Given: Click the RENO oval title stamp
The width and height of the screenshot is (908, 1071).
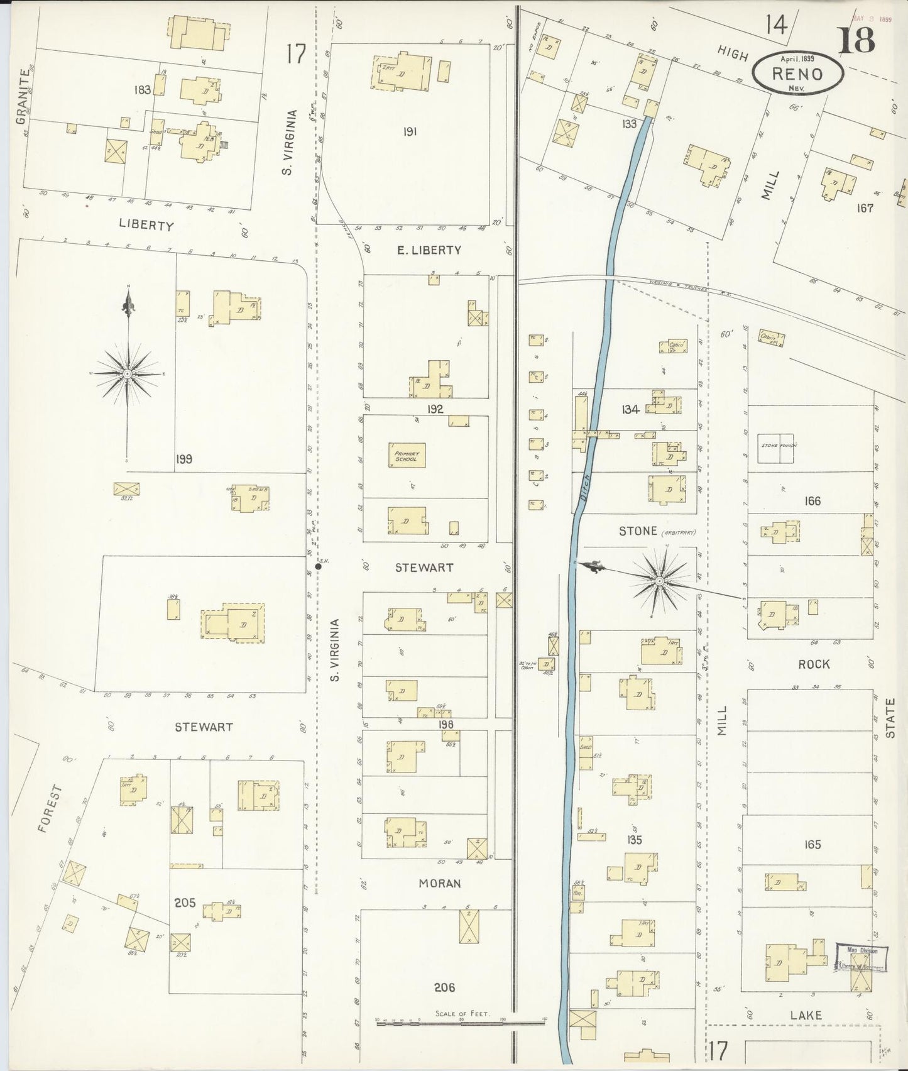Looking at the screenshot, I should point(797,72).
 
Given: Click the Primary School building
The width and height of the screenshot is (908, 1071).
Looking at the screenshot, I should point(407,456).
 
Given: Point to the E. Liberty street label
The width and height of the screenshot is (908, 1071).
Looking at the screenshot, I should point(429,250).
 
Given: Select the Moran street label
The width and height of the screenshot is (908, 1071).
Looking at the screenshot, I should point(440,883).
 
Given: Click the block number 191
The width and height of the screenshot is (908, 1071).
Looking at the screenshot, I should point(410,132).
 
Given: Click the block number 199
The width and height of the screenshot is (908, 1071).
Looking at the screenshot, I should point(184,459).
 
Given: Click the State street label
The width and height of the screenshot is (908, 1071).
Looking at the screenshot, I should point(890,718).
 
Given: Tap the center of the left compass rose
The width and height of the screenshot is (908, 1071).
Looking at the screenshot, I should point(128,374).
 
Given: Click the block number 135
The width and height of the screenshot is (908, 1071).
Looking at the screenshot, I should point(635,840).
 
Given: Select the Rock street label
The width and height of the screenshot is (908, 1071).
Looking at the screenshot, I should point(814,664).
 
